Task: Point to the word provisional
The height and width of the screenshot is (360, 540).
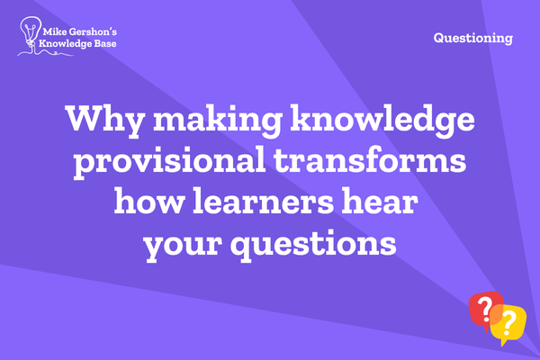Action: (169, 162)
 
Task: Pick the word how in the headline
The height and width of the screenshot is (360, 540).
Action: (149, 201)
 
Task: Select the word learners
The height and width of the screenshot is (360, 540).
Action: (264, 201)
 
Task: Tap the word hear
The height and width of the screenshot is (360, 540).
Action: (380, 201)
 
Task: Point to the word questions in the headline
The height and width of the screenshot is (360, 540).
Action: (313, 244)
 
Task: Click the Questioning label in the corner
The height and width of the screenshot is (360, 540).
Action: (473, 38)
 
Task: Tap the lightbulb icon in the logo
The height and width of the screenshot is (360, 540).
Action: (31, 31)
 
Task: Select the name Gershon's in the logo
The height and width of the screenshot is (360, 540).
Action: (93, 32)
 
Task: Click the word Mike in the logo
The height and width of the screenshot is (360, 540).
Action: (55, 32)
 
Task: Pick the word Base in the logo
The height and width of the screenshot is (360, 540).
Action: (104, 43)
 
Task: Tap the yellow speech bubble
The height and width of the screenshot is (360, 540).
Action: (509, 323)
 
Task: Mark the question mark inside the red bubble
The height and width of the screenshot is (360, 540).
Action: (486, 308)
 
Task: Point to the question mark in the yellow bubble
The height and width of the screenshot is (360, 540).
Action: (508, 323)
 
